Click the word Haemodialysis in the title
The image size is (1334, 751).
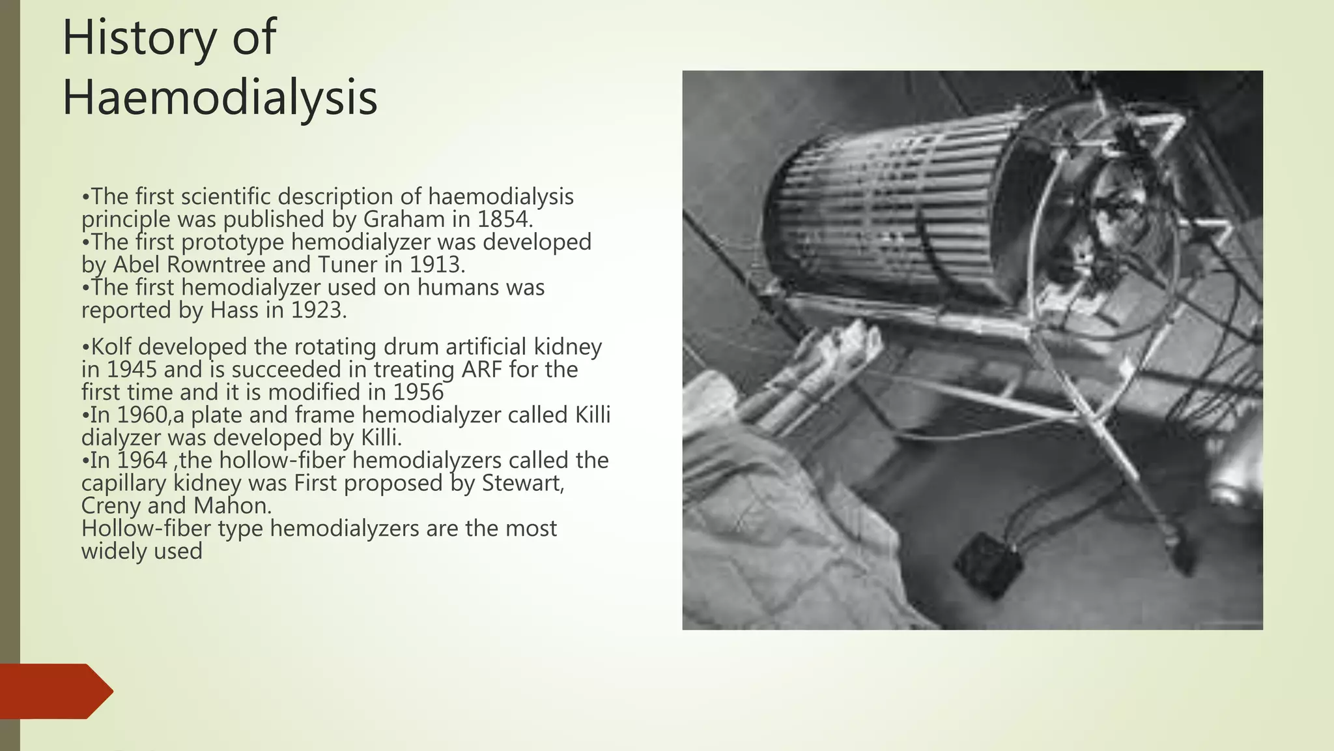(220, 98)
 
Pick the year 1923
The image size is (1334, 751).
(316, 310)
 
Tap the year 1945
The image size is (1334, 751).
(132, 370)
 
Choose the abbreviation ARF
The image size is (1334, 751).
(482, 370)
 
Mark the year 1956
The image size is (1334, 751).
(418, 392)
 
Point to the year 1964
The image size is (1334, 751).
(142, 460)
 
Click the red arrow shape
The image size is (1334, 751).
(56, 691)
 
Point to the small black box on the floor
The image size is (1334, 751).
(988, 565)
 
